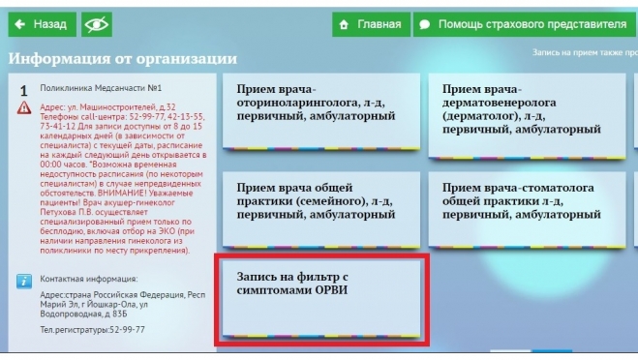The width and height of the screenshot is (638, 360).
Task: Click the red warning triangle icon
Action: point(24,108)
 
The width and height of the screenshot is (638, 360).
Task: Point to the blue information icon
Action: point(25,281)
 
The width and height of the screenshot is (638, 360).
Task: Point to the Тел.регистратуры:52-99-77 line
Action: point(93,329)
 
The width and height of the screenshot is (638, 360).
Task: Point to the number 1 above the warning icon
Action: point(23,90)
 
